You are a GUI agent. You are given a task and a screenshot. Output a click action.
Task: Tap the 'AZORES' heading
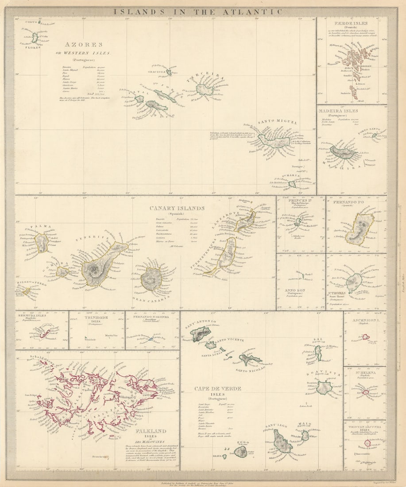click(x=84, y=45)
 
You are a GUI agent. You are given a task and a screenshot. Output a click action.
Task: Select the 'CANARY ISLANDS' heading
click(x=177, y=208)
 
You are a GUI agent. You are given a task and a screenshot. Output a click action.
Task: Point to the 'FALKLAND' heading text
click(x=151, y=431)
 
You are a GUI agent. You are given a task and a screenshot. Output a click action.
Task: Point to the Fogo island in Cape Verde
click(x=240, y=452)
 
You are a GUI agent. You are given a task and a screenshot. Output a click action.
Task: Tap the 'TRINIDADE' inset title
click(x=97, y=317)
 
